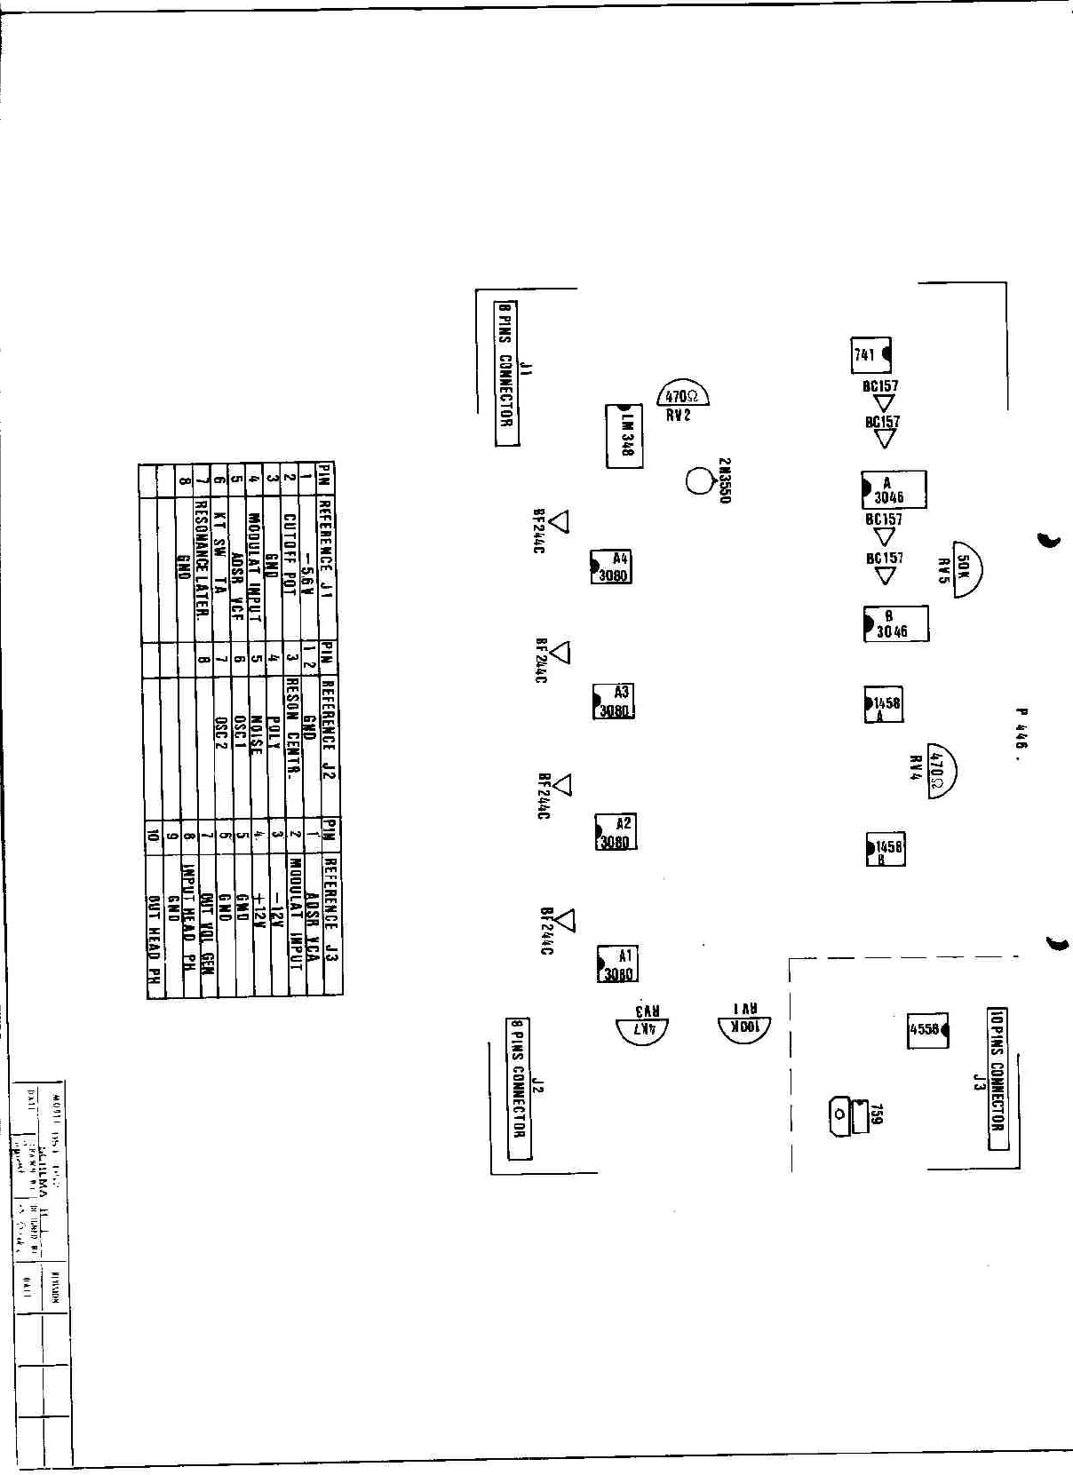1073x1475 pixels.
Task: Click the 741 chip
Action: (x=870, y=355)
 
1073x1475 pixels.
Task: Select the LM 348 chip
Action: (x=624, y=436)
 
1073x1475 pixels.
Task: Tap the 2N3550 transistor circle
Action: (x=700, y=481)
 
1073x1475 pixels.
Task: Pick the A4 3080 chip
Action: (x=611, y=567)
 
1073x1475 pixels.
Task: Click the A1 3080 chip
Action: (x=617, y=964)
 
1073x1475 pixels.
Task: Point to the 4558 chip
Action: (x=926, y=1030)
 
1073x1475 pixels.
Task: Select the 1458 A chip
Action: (x=884, y=704)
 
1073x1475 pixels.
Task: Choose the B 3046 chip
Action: (x=895, y=623)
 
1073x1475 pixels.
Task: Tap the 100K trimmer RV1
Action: (x=744, y=1028)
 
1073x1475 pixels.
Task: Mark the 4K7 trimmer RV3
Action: (x=642, y=1030)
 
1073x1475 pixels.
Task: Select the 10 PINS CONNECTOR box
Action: (x=997, y=1078)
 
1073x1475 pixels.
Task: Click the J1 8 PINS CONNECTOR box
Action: (x=506, y=373)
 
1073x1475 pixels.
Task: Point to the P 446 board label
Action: (x=1021, y=728)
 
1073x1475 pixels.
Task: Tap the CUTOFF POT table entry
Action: (x=290, y=554)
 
